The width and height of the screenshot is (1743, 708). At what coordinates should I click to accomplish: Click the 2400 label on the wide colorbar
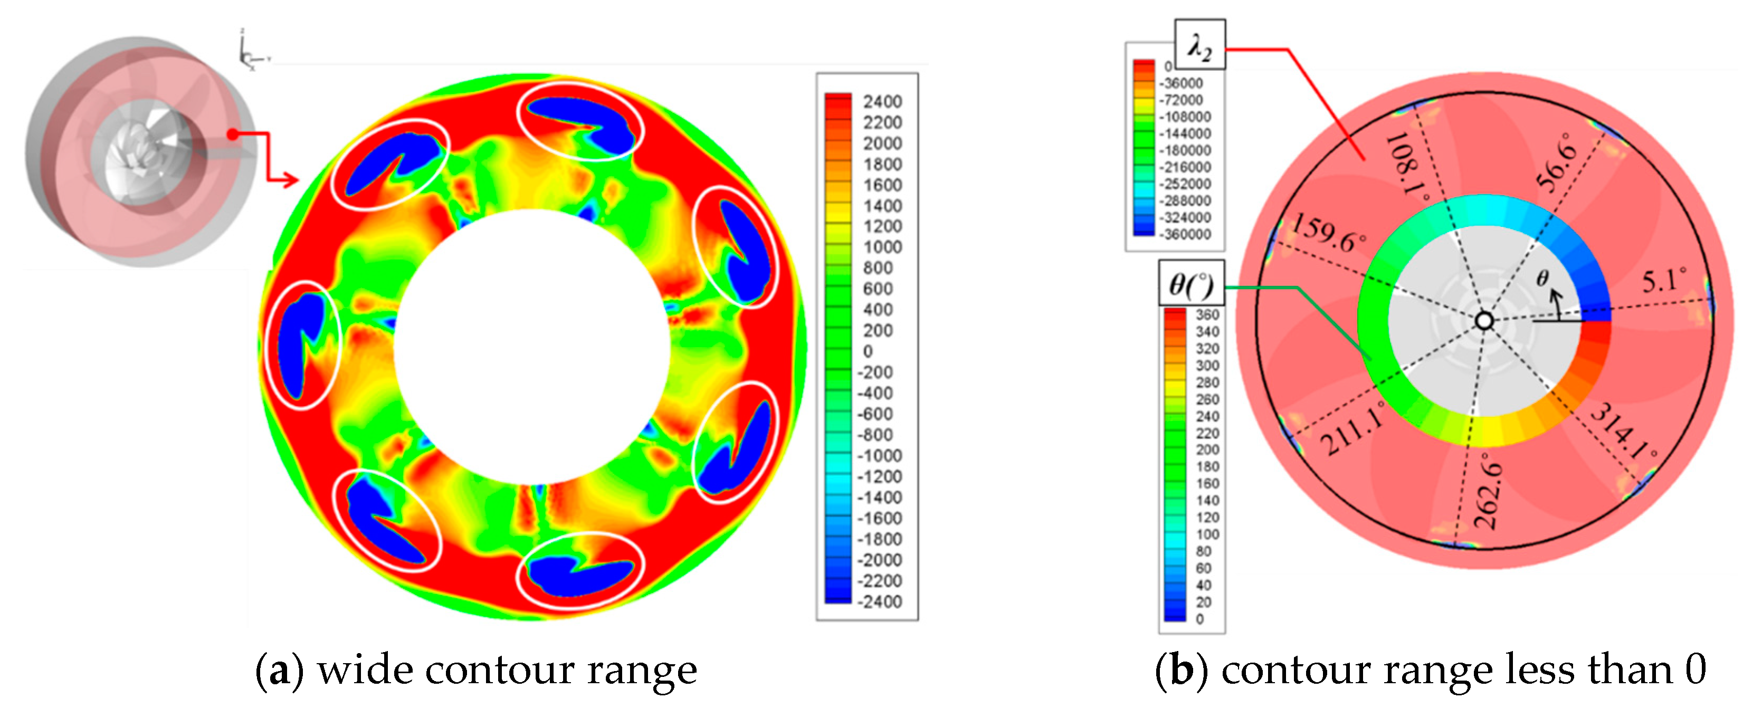click(x=882, y=101)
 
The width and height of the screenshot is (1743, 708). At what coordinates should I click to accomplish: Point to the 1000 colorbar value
click(x=882, y=247)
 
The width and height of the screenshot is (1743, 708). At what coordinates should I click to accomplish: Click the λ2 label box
click(x=1199, y=45)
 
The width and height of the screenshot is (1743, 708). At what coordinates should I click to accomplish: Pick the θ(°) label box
click(x=1191, y=284)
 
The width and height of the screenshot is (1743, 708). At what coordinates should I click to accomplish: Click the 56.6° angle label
click(x=1556, y=162)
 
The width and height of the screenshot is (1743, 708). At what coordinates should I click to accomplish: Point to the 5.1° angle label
click(x=1664, y=279)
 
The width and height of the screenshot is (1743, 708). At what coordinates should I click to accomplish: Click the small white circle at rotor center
click(x=1484, y=321)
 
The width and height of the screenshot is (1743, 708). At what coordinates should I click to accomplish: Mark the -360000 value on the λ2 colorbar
click(x=1185, y=234)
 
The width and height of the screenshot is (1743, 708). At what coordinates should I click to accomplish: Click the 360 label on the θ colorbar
click(x=1207, y=314)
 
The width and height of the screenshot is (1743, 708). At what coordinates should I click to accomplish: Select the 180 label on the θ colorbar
click(x=1207, y=466)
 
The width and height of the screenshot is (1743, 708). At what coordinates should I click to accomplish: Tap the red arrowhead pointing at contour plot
click(x=290, y=180)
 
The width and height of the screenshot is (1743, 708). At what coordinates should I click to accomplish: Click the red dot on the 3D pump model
click(x=232, y=135)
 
